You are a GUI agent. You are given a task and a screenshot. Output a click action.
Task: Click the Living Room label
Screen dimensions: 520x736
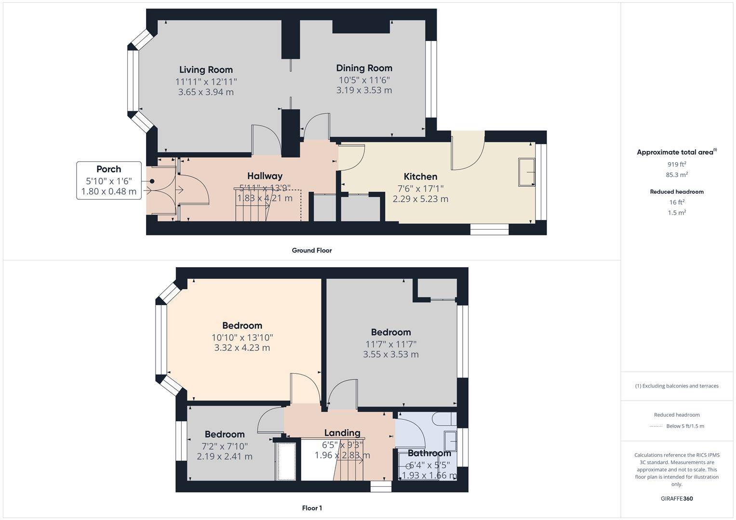206,70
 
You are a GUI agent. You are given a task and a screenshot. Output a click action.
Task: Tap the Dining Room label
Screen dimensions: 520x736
364,68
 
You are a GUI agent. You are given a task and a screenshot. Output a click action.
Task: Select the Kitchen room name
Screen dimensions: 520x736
420,177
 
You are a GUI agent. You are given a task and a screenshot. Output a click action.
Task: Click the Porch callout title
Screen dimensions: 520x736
108,169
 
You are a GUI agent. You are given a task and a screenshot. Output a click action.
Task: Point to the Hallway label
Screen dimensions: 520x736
265,176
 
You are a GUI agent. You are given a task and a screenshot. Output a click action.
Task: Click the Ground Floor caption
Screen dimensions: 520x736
311,250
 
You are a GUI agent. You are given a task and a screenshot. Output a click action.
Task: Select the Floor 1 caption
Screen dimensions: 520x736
311,508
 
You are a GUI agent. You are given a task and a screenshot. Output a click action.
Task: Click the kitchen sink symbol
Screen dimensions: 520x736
526,172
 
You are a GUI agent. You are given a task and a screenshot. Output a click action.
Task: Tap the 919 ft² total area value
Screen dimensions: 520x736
676,164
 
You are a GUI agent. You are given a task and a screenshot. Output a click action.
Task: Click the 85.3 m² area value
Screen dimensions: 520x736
676,175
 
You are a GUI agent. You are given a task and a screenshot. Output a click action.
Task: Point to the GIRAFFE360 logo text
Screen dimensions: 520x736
676,499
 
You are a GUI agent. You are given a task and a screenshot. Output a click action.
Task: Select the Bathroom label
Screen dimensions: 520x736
429,453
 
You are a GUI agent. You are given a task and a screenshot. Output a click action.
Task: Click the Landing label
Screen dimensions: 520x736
342,433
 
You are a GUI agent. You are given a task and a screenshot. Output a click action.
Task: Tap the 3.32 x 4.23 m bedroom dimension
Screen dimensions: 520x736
242,348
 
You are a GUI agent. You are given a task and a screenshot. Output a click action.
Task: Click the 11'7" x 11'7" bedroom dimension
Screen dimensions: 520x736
390,344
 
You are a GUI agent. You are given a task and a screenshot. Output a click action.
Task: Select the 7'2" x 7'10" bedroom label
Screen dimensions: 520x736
225,446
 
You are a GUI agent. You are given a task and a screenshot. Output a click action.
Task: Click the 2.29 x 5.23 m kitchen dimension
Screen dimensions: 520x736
420,199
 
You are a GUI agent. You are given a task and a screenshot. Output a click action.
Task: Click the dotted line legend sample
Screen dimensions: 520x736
656,426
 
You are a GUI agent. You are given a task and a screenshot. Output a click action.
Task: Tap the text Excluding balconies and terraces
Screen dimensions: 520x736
680,386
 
